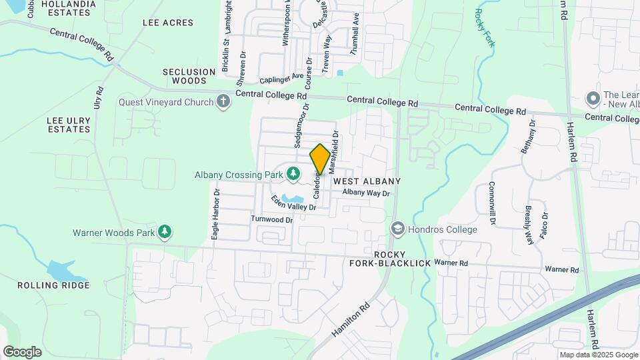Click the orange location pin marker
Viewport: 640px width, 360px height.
point(320,159)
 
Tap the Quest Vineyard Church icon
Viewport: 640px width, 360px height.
point(223,102)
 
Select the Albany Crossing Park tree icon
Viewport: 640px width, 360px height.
point(293,174)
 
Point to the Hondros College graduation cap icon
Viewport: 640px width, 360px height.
point(398,229)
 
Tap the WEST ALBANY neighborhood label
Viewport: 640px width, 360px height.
point(367,181)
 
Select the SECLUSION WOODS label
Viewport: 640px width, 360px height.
point(185,75)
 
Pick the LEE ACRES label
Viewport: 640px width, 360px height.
point(167,23)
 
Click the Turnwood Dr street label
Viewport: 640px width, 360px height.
point(272,219)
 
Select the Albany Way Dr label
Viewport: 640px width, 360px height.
point(365,193)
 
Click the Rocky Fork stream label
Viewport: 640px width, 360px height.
point(485,27)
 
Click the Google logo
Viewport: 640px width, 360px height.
point(22,351)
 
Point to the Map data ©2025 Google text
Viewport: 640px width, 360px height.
point(599,355)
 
